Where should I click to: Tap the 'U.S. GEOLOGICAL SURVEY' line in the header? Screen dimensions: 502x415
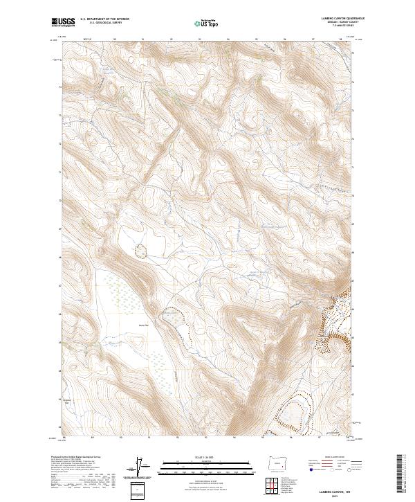(104, 24)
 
